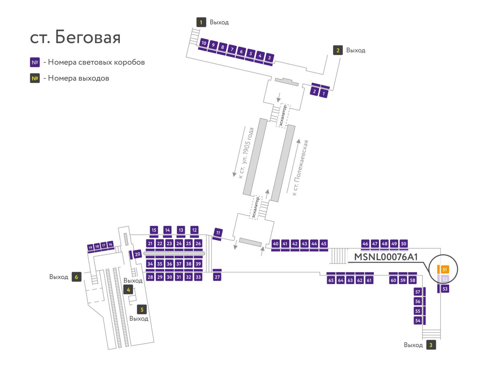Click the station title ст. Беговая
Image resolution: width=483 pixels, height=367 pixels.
coord(75,37)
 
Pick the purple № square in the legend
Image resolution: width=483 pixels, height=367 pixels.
coord(34,62)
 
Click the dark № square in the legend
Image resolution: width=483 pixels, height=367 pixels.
coord(34,78)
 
